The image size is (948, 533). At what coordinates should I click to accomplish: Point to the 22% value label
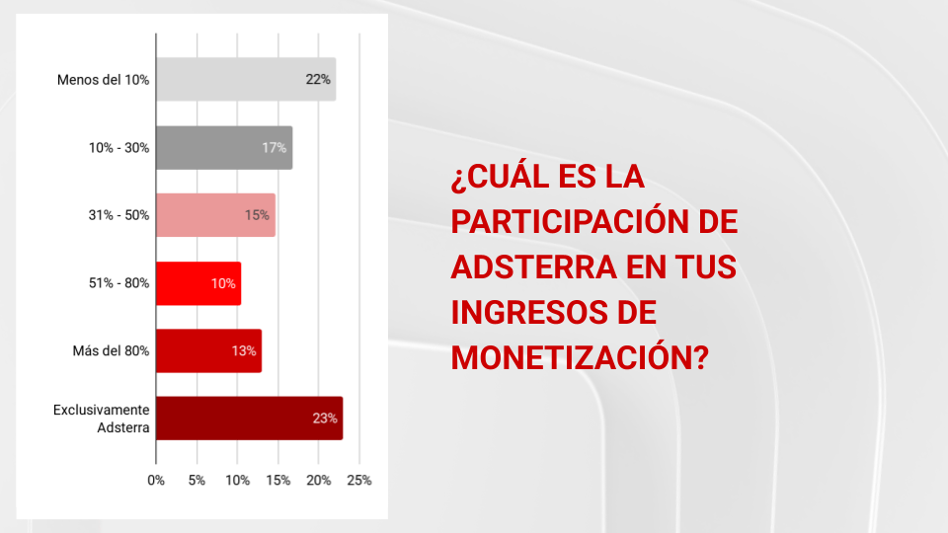pyautogui.click(x=318, y=79)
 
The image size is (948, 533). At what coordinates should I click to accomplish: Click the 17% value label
pyautogui.click(x=274, y=147)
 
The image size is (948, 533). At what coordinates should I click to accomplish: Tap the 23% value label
pyautogui.click(x=325, y=419)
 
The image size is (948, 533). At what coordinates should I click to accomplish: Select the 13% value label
pyautogui.click(x=244, y=350)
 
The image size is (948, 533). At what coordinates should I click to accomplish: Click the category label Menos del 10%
pyautogui.click(x=103, y=79)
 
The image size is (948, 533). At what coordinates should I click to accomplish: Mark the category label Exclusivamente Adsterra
pyautogui.click(x=102, y=419)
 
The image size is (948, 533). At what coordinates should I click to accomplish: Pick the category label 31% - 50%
pyautogui.click(x=118, y=215)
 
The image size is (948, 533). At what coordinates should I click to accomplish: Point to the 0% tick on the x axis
pyautogui.click(x=156, y=481)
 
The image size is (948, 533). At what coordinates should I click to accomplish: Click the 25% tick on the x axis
pyautogui.click(x=359, y=481)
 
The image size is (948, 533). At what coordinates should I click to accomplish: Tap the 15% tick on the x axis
pyautogui.click(x=278, y=481)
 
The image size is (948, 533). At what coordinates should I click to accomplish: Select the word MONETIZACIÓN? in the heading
pyautogui.click(x=580, y=358)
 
